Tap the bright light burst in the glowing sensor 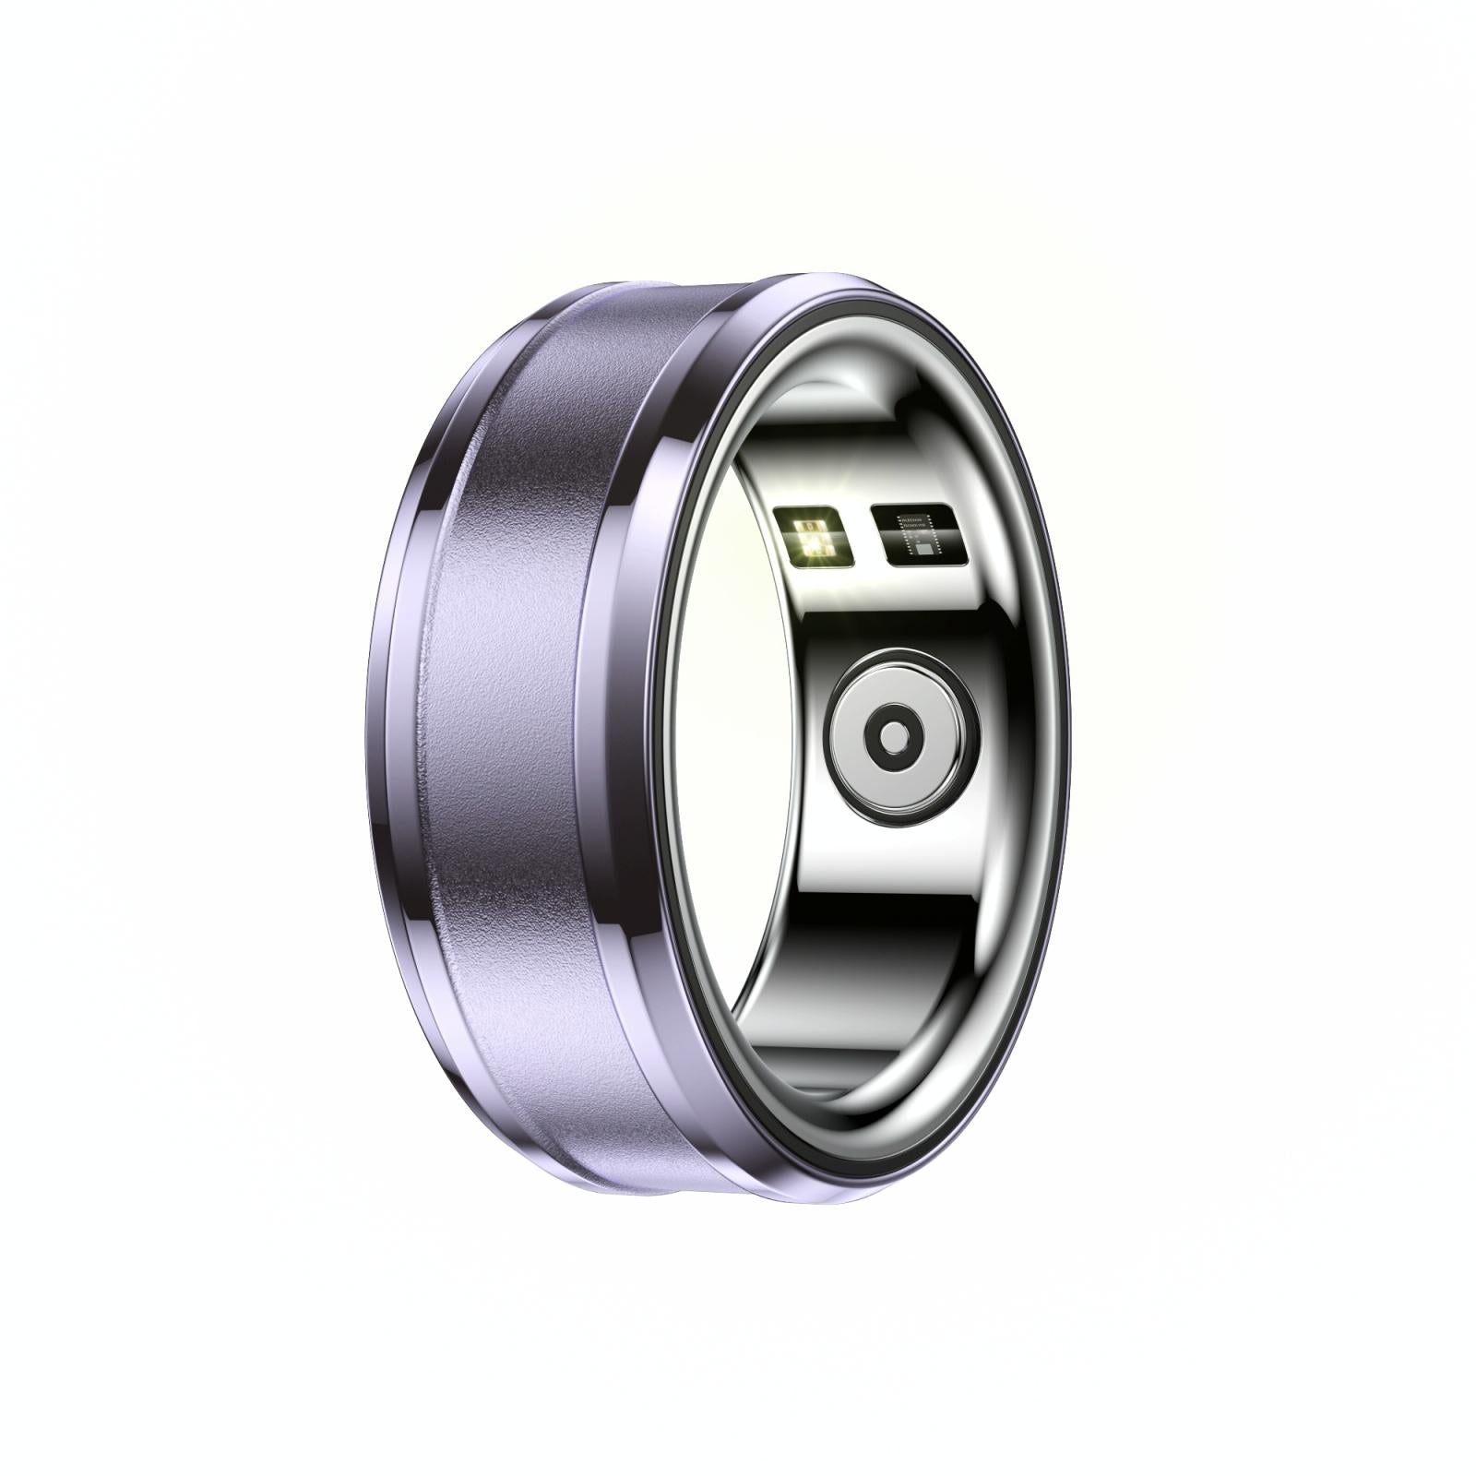(x=815, y=540)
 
